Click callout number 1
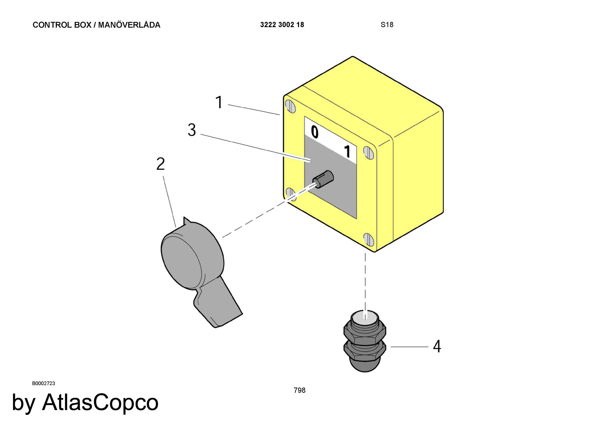pos(219,102)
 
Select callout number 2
pos(160,164)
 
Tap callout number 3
pos(192,130)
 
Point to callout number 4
pos(437,347)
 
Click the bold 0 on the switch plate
pos(315,132)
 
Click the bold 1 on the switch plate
pos(347,151)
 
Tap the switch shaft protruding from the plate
pos(324,179)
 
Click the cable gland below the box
pos(364,341)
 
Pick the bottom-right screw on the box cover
pos(369,240)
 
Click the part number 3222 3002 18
pos(282,25)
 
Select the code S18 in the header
pos(387,25)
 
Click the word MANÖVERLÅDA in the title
pos(129,25)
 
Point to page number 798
pos(299,390)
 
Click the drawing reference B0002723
pos(44,383)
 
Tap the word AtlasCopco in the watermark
pos(100,402)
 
